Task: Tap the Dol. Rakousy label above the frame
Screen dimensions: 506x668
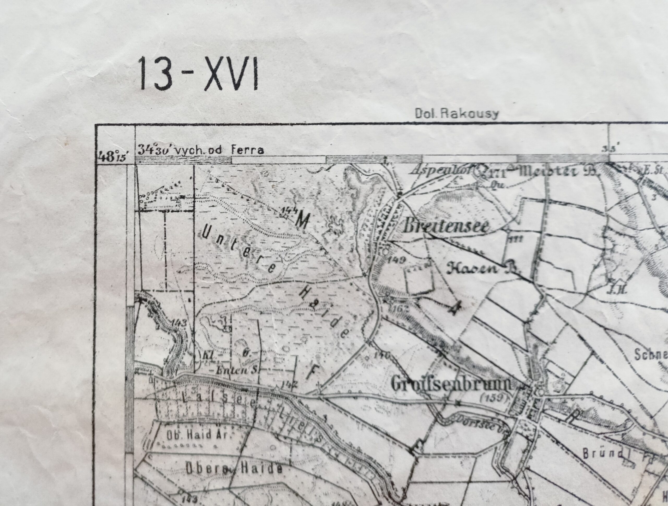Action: (456, 114)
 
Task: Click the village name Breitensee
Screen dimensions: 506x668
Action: (445, 227)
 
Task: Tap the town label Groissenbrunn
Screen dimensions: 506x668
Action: (451, 384)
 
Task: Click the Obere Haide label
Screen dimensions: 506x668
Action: (234, 469)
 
